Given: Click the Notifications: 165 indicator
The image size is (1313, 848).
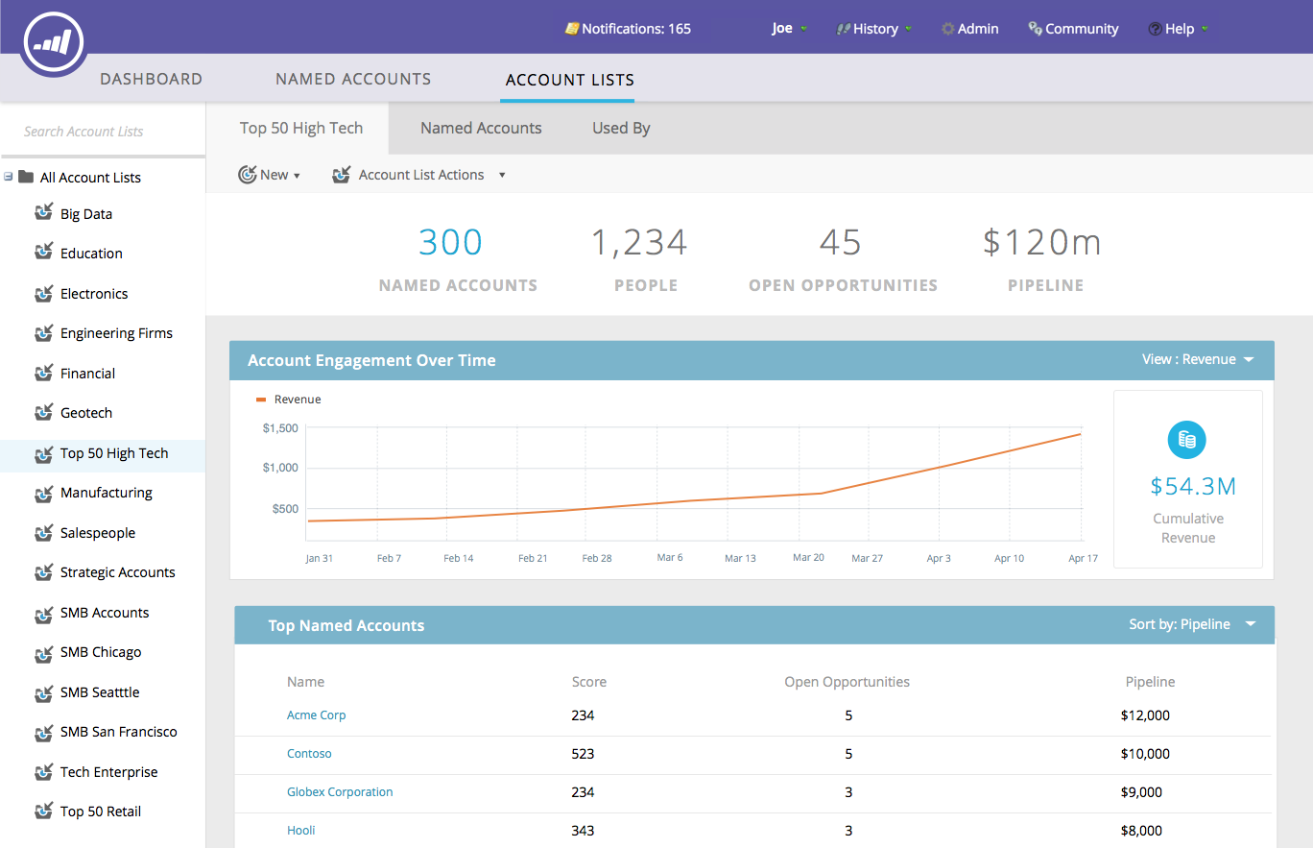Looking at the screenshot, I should click(629, 29).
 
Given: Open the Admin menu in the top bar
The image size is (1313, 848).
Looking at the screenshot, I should click(970, 29).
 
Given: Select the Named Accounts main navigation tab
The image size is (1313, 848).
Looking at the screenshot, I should click(353, 79).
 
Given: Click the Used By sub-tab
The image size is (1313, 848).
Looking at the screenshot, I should click(621, 128).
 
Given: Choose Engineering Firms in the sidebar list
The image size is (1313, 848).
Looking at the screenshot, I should click(116, 333).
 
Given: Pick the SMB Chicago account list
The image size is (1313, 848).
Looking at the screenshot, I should click(101, 652).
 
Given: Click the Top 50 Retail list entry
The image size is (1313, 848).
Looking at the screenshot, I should click(100, 812).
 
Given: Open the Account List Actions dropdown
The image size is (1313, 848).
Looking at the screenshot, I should click(420, 175).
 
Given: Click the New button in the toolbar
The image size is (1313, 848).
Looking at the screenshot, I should click(270, 175).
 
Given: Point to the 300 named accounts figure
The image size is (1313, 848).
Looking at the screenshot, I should click(450, 243).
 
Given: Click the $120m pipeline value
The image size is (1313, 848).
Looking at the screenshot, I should click(1042, 243).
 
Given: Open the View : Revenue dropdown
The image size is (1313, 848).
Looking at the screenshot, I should click(1198, 359).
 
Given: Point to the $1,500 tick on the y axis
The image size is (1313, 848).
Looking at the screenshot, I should click(280, 428).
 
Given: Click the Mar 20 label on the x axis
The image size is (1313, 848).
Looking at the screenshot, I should click(808, 557).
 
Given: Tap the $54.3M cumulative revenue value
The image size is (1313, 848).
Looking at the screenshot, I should click(1193, 486).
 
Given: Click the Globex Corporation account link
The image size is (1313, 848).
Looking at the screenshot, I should click(340, 792).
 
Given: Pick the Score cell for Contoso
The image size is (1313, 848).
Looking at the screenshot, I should click(583, 754).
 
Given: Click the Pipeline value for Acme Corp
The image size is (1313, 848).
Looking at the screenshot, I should click(1145, 715).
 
